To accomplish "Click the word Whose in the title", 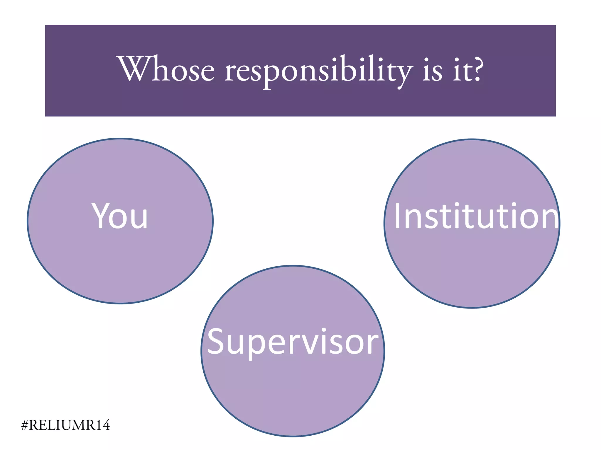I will (166, 70).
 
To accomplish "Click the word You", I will (120, 216).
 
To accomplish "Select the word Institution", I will (476, 216).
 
